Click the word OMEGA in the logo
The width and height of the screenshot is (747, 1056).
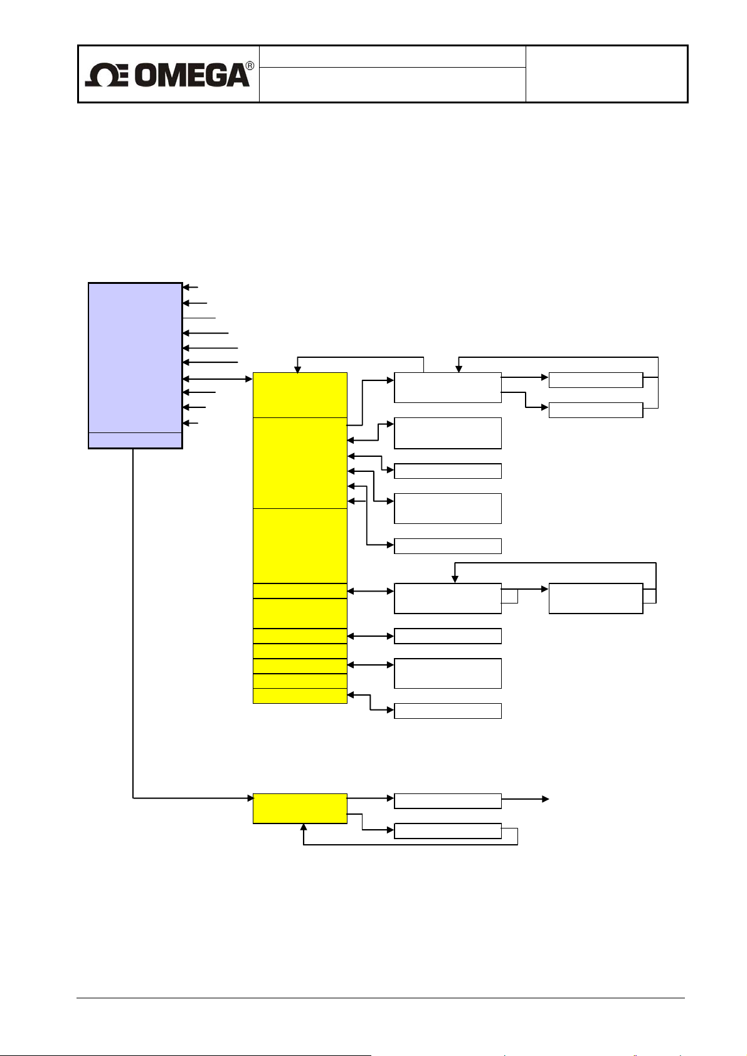click(191, 75)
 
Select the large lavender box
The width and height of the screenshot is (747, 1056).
click(135, 357)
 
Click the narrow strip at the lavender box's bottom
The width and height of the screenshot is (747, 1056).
click(135, 440)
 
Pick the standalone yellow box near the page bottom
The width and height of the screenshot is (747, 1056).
click(300, 808)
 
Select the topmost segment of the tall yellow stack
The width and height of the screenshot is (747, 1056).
click(300, 395)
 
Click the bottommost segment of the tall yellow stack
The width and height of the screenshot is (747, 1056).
click(300, 696)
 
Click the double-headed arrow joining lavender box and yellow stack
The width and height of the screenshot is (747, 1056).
click(217, 379)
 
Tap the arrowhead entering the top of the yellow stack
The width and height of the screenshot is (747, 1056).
click(298, 369)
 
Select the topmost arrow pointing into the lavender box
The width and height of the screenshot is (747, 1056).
click(190, 287)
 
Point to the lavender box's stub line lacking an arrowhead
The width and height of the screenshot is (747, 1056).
click(199, 318)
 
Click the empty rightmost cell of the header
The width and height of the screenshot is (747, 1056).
click(606, 74)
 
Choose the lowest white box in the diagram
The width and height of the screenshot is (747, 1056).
click(447, 831)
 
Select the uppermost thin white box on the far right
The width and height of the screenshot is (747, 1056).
click(595, 380)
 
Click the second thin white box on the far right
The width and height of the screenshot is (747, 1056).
click(595, 410)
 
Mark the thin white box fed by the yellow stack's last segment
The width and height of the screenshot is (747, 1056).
click(447, 710)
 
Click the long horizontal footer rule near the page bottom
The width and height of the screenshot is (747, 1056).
click(380, 998)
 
